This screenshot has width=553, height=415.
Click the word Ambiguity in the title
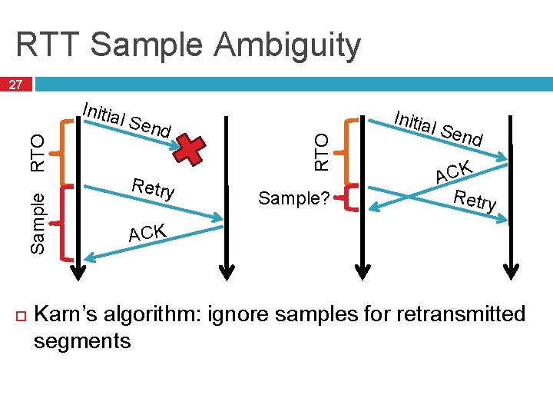point(287,45)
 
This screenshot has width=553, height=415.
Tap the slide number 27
point(16,85)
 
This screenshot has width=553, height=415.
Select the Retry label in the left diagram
point(154,188)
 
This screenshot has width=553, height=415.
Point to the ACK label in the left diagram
point(147,231)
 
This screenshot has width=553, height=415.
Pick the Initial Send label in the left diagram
point(126,121)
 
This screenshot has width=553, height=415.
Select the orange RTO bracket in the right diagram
point(351,150)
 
